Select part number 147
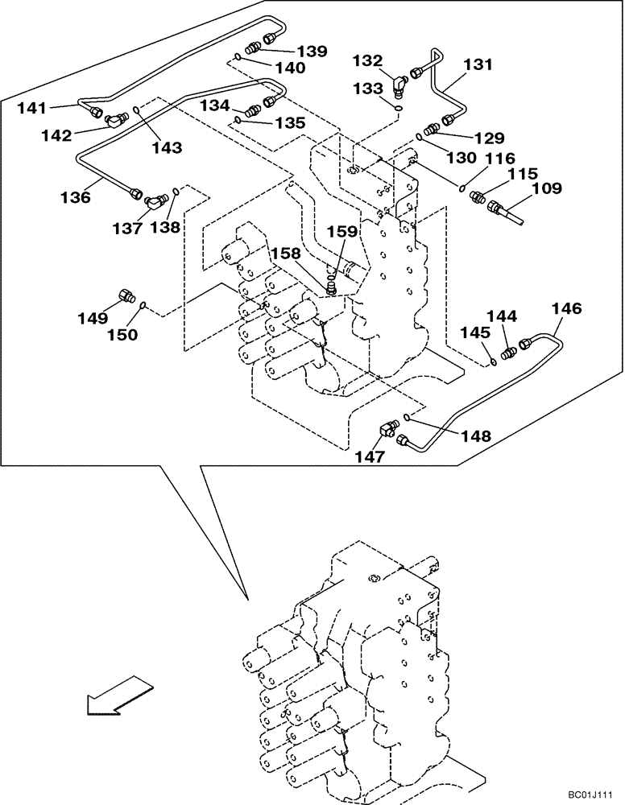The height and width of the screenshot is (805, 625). [x=371, y=456]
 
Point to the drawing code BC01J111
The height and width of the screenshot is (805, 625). [x=590, y=795]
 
